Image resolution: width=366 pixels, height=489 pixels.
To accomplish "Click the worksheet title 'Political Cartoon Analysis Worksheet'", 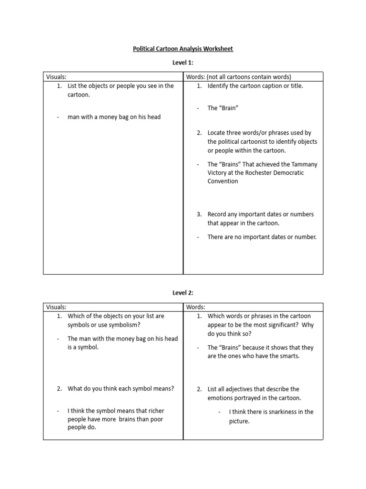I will click(183, 49).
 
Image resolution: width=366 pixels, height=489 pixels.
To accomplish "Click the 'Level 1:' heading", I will click(183, 63).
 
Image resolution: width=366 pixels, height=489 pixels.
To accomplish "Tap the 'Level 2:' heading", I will click(183, 292).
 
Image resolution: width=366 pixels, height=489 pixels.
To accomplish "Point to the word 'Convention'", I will click(223, 181).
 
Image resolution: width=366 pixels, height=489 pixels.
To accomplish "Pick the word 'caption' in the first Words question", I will click(269, 86).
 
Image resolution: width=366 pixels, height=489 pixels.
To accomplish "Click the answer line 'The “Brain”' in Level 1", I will click(223, 108).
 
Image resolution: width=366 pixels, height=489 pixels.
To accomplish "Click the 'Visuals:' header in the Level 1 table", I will click(56, 77).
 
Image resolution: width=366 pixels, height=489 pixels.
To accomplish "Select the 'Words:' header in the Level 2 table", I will click(195, 307).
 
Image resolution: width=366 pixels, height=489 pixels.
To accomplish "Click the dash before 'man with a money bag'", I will click(57, 117).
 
